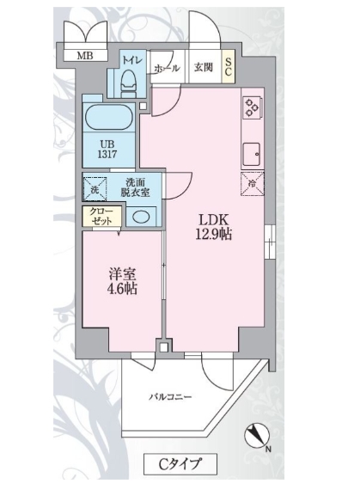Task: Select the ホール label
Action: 165,68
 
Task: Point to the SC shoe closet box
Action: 229,67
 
